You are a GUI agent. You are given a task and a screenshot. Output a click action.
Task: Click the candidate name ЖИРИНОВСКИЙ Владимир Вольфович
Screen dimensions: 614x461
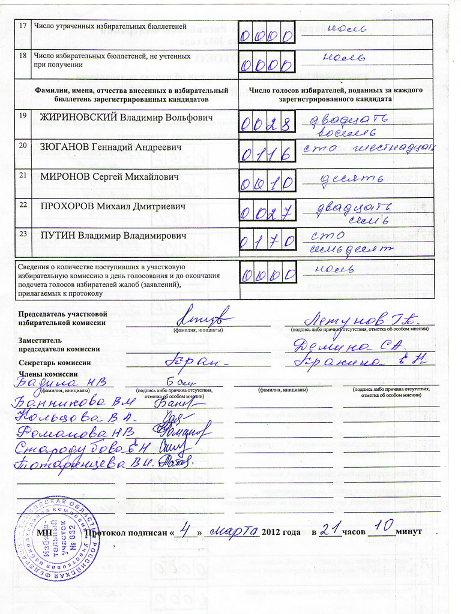coord(126,118)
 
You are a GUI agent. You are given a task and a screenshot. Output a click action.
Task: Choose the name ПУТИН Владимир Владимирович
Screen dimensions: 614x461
coord(113,236)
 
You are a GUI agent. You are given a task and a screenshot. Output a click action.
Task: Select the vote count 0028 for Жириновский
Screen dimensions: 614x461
coord(267,125)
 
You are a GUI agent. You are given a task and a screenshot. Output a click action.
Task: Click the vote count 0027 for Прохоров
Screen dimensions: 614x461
coord(267,213)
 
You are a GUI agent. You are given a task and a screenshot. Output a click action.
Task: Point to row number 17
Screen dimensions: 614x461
coord(23,26)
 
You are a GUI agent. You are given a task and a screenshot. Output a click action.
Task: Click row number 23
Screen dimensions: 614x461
coord(23,234)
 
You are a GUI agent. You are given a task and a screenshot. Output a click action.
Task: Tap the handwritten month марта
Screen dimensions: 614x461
coord(234,531)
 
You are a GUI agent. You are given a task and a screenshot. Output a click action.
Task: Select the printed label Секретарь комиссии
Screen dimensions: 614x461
coord(55,363)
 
